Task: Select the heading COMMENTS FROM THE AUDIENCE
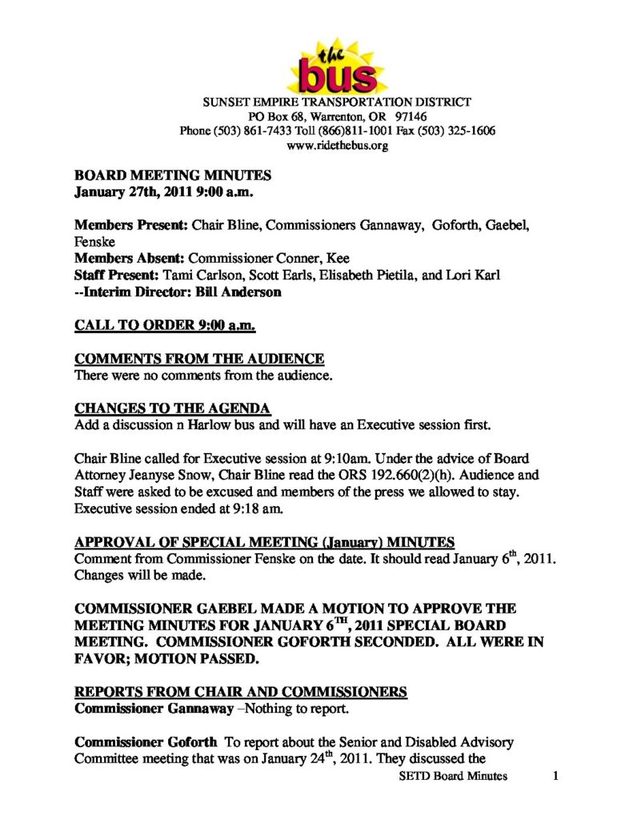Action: pos(199,359)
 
